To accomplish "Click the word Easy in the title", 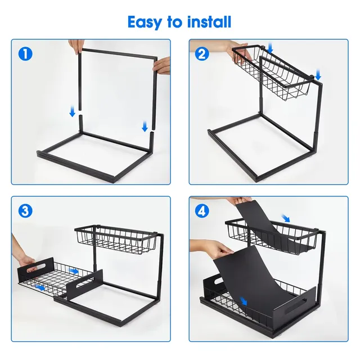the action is point(145,22).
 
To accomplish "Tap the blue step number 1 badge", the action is point(25,54).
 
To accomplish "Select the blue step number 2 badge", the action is point(202,54).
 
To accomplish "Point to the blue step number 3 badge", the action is point(25,211).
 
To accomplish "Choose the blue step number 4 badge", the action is point(202,211).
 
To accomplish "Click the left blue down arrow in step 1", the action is point(73,111).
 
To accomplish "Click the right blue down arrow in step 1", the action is point(145,126).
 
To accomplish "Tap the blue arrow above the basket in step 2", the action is point(270,48).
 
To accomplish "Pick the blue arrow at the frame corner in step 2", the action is point(318,75).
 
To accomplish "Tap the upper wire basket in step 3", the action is point(116,240).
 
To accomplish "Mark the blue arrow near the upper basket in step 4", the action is point(286,218).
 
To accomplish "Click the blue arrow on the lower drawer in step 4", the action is point(244,301).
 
